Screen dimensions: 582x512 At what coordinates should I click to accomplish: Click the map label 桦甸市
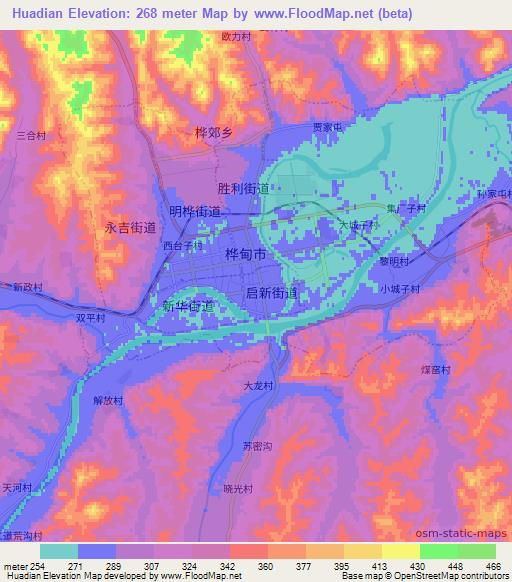pos(246,255)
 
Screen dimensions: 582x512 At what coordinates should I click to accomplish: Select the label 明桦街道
pos(195,211)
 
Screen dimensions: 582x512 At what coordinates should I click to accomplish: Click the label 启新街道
pos(271,293)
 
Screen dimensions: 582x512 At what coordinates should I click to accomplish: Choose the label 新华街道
pos(188,305)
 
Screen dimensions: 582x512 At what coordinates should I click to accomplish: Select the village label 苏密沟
pos(258,447)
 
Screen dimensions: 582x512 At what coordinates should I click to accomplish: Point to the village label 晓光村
pos(238,488)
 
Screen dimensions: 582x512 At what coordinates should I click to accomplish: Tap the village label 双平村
pos(91,317)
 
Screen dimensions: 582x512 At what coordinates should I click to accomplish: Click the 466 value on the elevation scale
pos(492,566)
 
